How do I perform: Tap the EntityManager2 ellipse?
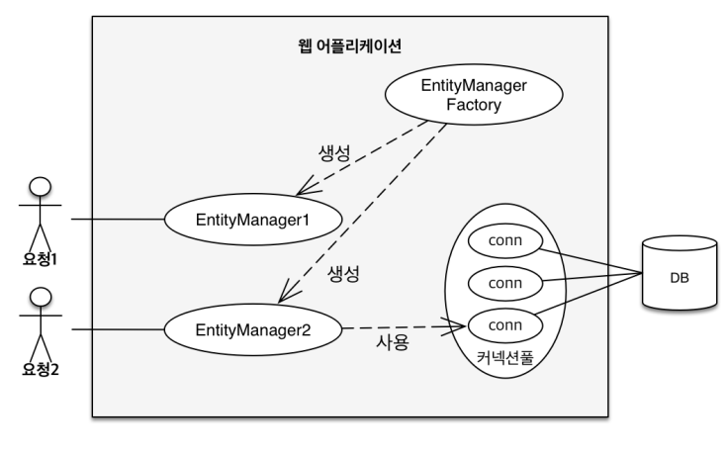(x=253, y=328)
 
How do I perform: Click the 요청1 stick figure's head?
(x=42, y=187)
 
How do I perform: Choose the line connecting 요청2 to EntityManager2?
(x=117, y=328)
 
